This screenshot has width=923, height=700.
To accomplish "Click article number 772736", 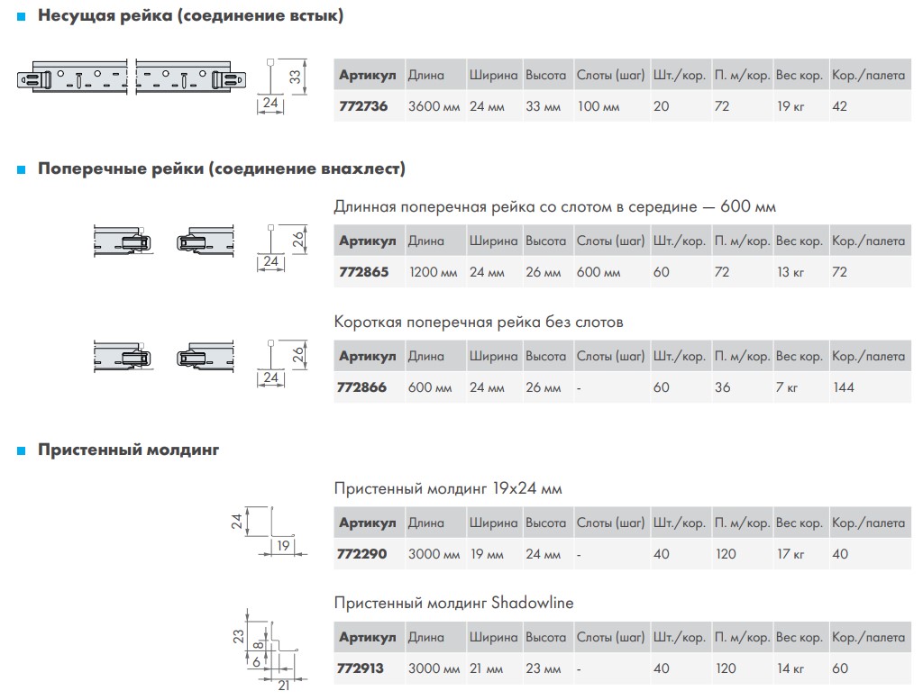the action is pos(363,106).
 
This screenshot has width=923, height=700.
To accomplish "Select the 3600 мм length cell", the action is pos(434,106).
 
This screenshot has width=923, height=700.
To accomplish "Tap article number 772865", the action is pos(364,272).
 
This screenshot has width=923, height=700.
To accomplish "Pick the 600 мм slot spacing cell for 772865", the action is pos(599,272).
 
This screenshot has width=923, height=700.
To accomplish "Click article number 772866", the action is pos(361,387).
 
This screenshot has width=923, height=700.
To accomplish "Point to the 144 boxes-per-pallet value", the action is pos(843,387).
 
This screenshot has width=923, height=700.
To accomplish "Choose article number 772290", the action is pos(361,554).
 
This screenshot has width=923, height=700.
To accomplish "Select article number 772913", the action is pos(360,668).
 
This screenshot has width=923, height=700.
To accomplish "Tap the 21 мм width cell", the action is pos(486,668).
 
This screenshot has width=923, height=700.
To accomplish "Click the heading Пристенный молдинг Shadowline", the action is pos(453,603).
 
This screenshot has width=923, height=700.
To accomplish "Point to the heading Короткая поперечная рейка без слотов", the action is pos(478,323).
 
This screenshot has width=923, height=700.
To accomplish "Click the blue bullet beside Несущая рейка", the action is pos(22,17).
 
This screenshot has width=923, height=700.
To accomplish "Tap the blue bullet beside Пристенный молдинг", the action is pos(22,451).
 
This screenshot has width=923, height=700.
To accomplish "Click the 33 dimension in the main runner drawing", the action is pos(295,77).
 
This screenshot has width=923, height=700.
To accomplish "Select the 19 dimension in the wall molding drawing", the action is pos(283,546).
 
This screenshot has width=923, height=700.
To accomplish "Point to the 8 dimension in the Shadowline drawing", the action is pos(258,645).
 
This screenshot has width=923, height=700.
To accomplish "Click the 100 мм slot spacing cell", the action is pos(599,106).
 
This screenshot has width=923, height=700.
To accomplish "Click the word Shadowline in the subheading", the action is pos(532,603).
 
